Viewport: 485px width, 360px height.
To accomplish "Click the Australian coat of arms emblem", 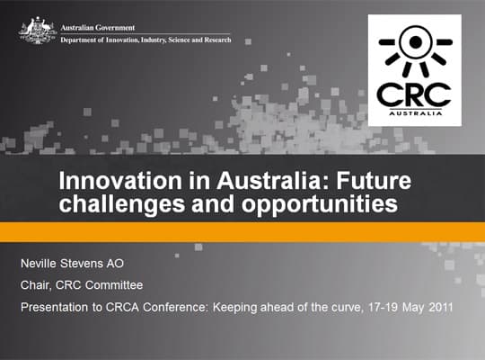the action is (37, 31).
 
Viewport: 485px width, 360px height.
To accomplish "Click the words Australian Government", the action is (98, 28).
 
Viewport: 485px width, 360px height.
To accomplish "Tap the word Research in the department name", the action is (217, 40).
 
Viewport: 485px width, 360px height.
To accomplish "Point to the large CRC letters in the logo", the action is (414, 94).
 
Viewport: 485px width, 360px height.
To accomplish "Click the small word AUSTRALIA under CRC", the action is (416, 113).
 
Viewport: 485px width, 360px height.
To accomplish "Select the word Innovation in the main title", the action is (120, 181).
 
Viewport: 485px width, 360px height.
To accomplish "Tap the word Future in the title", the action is (374, 181).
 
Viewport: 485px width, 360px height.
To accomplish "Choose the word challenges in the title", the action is (122, 204).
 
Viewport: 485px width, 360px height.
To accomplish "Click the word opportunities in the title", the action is (320, 204).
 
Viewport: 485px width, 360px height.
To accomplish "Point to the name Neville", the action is (39, 264).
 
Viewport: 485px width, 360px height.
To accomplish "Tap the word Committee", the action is (114, 285).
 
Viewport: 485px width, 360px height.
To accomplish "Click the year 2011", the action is (441, 307).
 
